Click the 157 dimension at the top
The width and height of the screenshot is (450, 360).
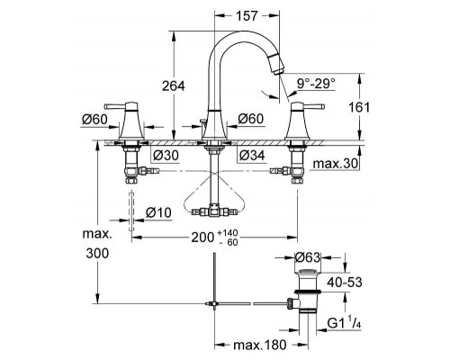tap(247, 16)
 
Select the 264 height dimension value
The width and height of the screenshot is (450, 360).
tap(174, 86)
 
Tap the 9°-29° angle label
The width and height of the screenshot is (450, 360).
tap(316, 83)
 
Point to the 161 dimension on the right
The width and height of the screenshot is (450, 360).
tap(359, 107)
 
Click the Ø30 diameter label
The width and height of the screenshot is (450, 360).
tap(166, 156)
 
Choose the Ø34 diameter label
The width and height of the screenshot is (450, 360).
tap(252, 155)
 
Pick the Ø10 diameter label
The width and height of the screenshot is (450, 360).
tap(158, 212)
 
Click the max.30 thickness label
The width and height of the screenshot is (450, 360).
tap(336, 164)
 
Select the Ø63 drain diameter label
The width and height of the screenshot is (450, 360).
tap(308, 257)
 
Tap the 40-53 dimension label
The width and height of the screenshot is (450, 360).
tap(345, 282)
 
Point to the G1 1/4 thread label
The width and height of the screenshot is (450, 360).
tap(344, 323)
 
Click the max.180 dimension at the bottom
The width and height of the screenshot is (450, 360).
tap(260, 345)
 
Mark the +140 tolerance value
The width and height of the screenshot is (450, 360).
tap(229, 233)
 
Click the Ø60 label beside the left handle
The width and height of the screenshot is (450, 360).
tap(94, 120)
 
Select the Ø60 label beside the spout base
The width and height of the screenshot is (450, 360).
tap(250, 119)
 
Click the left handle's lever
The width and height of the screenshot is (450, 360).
tap(114, 106)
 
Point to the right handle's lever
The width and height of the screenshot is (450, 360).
tap(314, 106)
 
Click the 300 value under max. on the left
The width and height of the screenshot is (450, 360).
tap(97, 254)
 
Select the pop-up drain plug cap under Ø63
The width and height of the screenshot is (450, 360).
tap(308, 272)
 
